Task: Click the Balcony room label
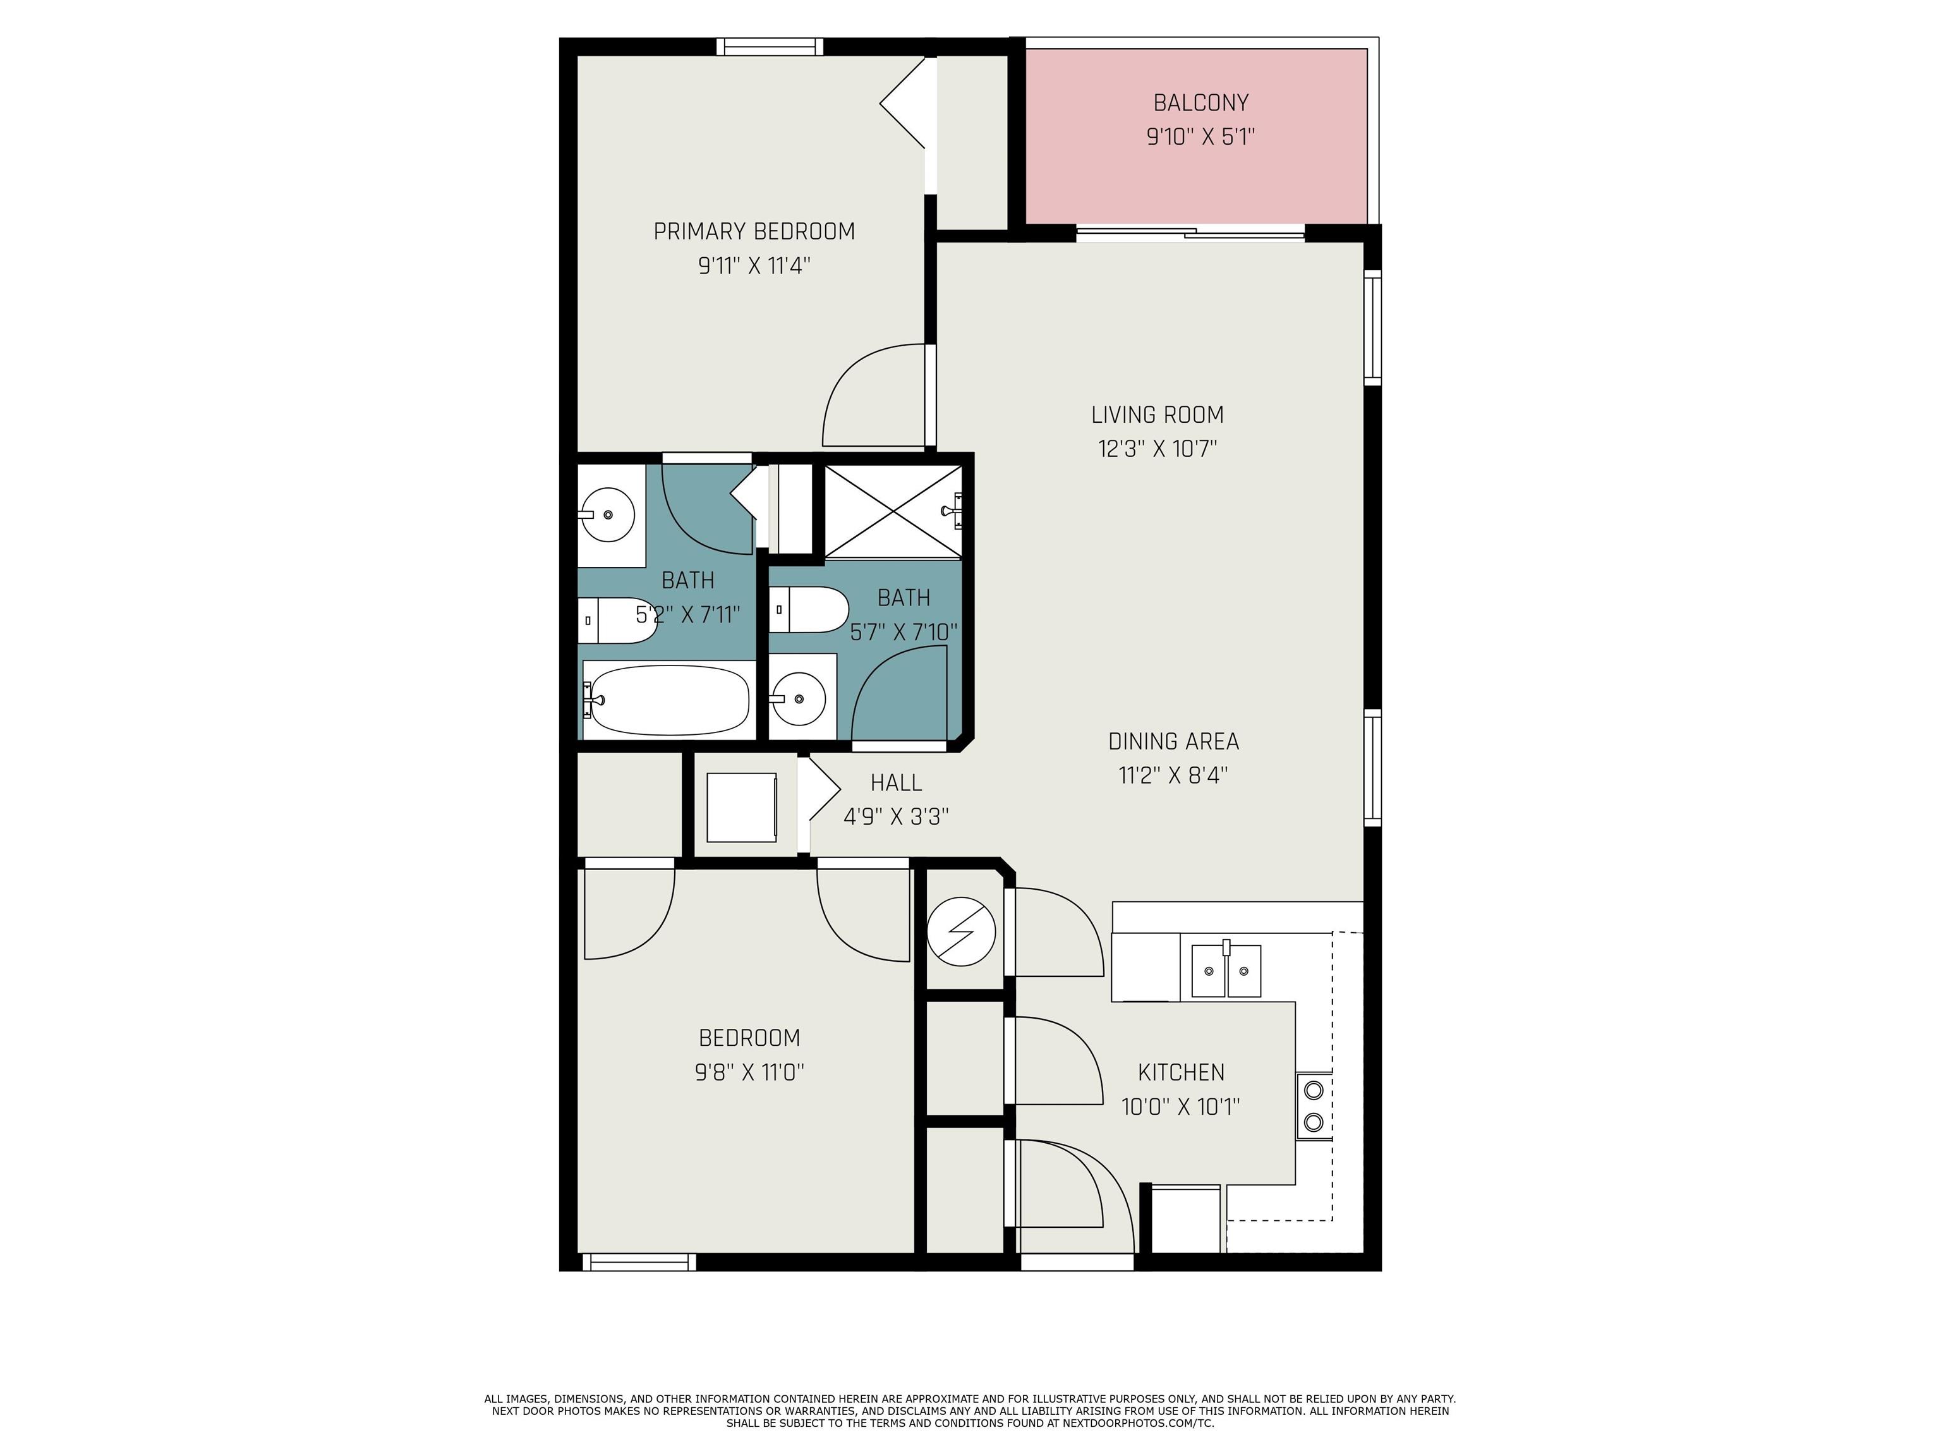(x=1200, y=102)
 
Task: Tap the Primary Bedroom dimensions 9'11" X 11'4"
(x=754, y=265)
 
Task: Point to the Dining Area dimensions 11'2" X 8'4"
(x=1173, y=775)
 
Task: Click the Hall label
(x=896, y=782)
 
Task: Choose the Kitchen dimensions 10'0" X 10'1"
(x=1180, y=1106)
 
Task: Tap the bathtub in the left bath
(x=668, y=700)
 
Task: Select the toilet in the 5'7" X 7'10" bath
(x=809, y=610)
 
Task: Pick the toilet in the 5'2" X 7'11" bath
(x=618, y=621)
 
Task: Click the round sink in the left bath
(x=607, y=514)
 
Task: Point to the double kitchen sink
(x=1226, y=971)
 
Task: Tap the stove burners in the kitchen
(x=1314, y=1106)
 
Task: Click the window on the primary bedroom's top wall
(x=770, y=47)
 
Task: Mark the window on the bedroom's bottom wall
(x=639, y=1262)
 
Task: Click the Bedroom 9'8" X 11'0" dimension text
(x=749, y=1072)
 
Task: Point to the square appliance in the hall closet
(x=742, y=808)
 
